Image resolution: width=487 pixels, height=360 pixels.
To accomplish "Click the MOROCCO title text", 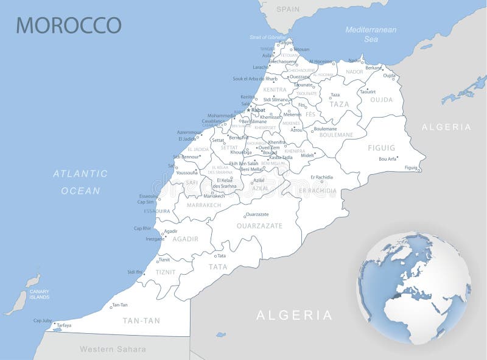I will click(x=68, y=25).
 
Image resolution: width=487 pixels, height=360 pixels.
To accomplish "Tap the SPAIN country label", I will click(x=288, y=9).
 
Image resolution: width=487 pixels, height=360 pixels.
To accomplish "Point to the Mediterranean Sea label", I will click(x=371, y=34).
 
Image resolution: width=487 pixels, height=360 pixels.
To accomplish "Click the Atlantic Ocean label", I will click(x=80, y=182).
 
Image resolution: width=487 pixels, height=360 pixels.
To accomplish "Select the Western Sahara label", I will click(x=113, y=349).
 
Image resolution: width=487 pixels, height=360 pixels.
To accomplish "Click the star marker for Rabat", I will click(x=248, y=110).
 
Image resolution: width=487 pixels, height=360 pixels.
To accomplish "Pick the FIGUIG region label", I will click(x=381, y=148).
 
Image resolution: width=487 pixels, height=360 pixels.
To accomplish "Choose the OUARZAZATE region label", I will click(x=260, y=225).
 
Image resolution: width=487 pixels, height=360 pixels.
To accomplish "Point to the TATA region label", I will click(x=217, y=267).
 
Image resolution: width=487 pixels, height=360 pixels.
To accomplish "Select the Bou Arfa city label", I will click(x=387, y=159).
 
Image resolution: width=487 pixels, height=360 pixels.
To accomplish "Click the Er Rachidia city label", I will click(x=321, y=177).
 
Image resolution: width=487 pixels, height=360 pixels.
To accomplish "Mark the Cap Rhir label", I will click(x=142, y=228).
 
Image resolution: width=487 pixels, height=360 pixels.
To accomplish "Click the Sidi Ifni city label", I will click(x=135, y=272).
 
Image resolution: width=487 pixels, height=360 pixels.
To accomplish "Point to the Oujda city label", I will click(x=389, y=76).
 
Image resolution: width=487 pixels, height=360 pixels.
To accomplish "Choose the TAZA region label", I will click(x=339, y=104).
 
